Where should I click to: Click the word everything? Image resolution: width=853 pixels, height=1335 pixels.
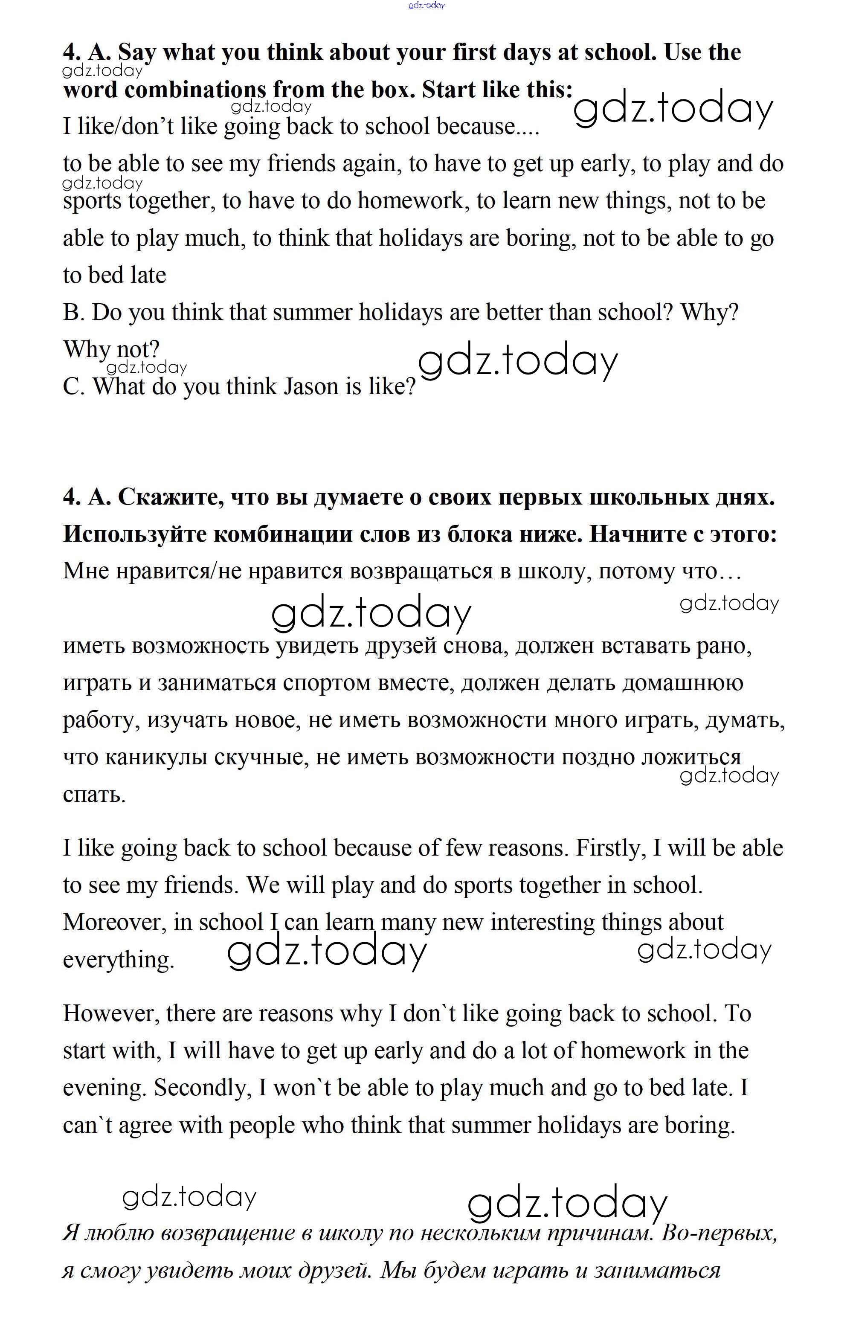pos(119,960)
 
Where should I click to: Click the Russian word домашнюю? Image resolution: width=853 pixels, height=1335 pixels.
pos(682,683)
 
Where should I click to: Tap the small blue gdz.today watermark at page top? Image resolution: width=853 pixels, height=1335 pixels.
pos(426,6)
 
